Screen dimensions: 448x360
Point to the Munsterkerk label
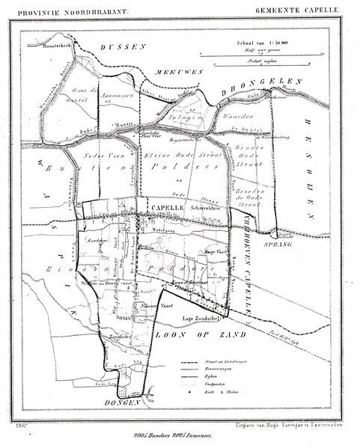point(46,46)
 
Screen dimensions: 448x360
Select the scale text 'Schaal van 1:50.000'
point(266,43)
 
